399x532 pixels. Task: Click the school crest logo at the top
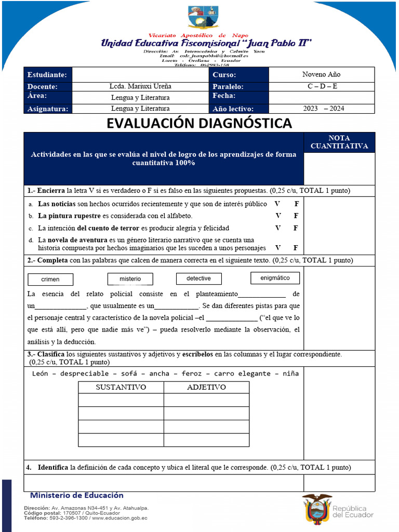click(203, 17)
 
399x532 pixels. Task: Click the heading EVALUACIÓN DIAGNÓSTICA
click(199, 124)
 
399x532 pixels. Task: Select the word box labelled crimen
click(50, 280)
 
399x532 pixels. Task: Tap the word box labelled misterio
click(130, 279)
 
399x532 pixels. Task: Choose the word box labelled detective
click(198, 278)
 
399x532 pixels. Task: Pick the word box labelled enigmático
click(275, 278)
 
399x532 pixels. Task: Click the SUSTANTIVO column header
click(121, 387)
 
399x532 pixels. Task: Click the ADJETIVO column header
click(206, 387)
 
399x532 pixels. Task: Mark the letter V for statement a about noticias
click(277, 204)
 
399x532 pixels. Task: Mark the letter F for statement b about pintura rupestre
click(296, 216)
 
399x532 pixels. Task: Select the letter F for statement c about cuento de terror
click(296, 228)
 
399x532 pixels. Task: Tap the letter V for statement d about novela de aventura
click(277, 248)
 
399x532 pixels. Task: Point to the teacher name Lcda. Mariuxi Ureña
click(140, 86)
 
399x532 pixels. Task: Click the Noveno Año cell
click(321, 74)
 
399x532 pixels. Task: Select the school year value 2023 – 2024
click(323, 109)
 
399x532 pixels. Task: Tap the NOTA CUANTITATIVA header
click(339, 142)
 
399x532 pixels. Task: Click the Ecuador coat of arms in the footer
click(316, 508)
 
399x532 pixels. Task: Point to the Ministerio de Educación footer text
click(76, 495)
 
